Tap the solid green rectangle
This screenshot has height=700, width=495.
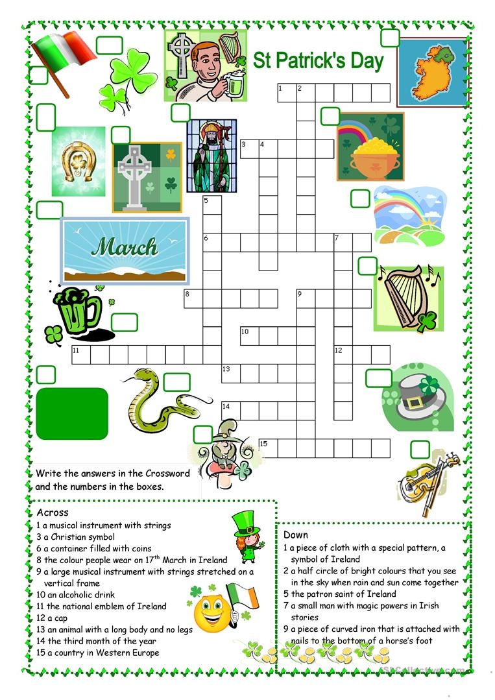tap(72, 413)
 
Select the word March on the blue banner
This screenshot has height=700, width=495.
tap(125, 247)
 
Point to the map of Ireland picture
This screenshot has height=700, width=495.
tap(432, 71)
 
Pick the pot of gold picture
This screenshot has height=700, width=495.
tap(370, 147)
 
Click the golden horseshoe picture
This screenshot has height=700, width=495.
tap(78, 162)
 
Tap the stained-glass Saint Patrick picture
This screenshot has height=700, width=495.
tap(211, 156)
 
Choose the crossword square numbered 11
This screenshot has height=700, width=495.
tap(80, 355)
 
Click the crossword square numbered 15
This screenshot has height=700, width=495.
tap(267, 448)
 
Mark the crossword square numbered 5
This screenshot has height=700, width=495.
tap(211, 204)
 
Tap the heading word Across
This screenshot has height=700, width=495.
tap(53, 513)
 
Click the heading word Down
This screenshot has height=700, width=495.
tap(296, 535)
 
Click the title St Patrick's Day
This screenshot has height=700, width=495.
tap(318, 62)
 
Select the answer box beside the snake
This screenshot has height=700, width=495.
tap(176, 382)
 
